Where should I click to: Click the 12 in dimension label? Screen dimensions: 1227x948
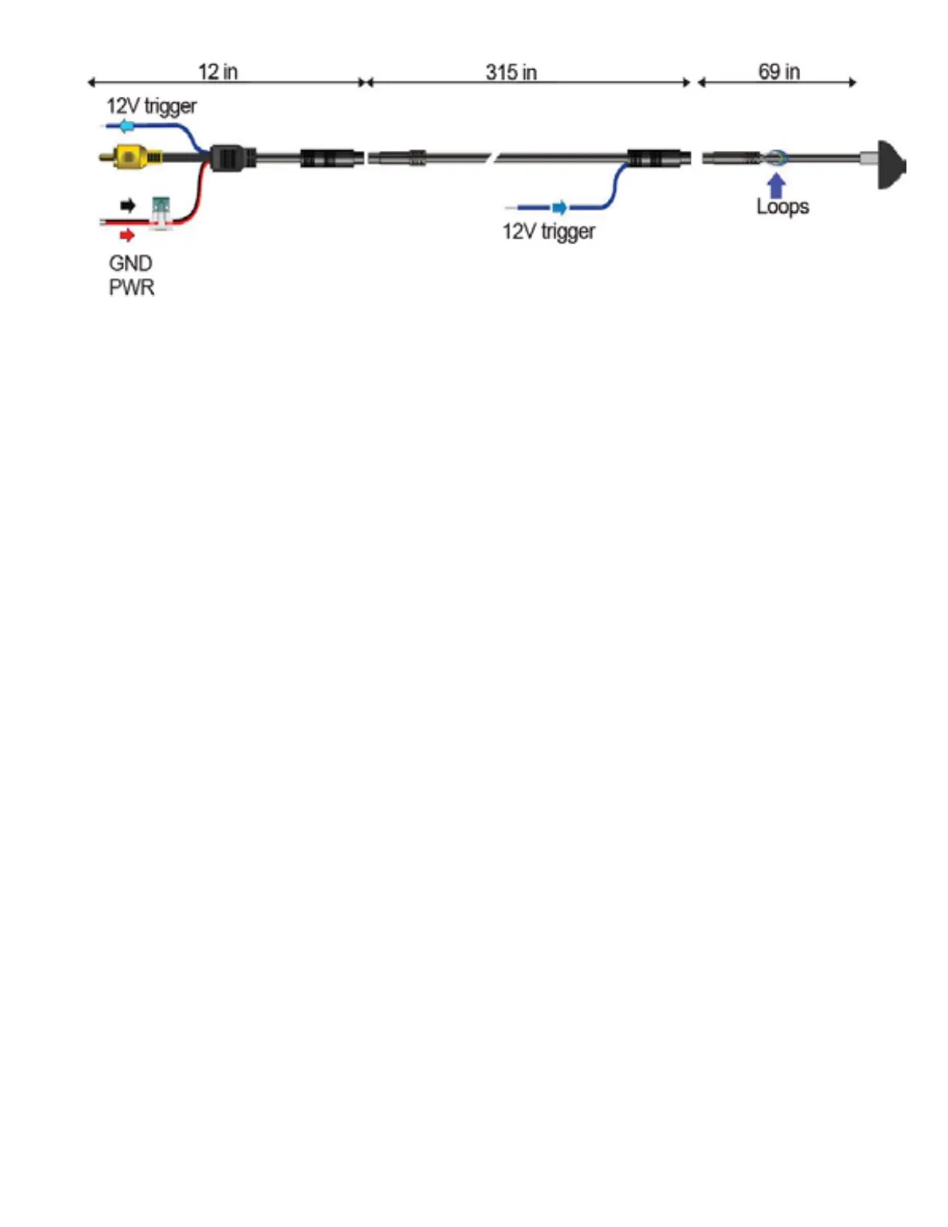coord(218,72)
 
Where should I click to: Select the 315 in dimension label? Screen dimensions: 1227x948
coord(511,72)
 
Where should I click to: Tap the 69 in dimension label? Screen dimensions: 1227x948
coord(778,72)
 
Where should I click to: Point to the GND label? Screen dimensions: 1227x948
coord(130,263)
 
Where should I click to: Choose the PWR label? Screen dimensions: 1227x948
coord(132,287)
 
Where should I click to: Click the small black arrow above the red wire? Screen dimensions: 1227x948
coord(128,205)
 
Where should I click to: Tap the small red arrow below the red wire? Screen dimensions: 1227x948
coord(127,235)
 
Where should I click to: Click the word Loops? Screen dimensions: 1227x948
coord(782,207)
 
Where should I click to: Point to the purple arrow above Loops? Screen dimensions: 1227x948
coord(776,185)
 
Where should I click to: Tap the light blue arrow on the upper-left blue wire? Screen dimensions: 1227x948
coord(127,126)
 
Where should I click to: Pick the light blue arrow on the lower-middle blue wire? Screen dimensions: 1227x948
coord(558,207)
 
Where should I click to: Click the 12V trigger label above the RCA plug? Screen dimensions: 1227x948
coord(151,106)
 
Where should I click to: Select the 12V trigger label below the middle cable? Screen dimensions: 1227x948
coord(548,232)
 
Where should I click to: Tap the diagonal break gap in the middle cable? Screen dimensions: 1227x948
coord(493,158)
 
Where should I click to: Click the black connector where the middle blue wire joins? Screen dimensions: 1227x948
coord(657,158)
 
